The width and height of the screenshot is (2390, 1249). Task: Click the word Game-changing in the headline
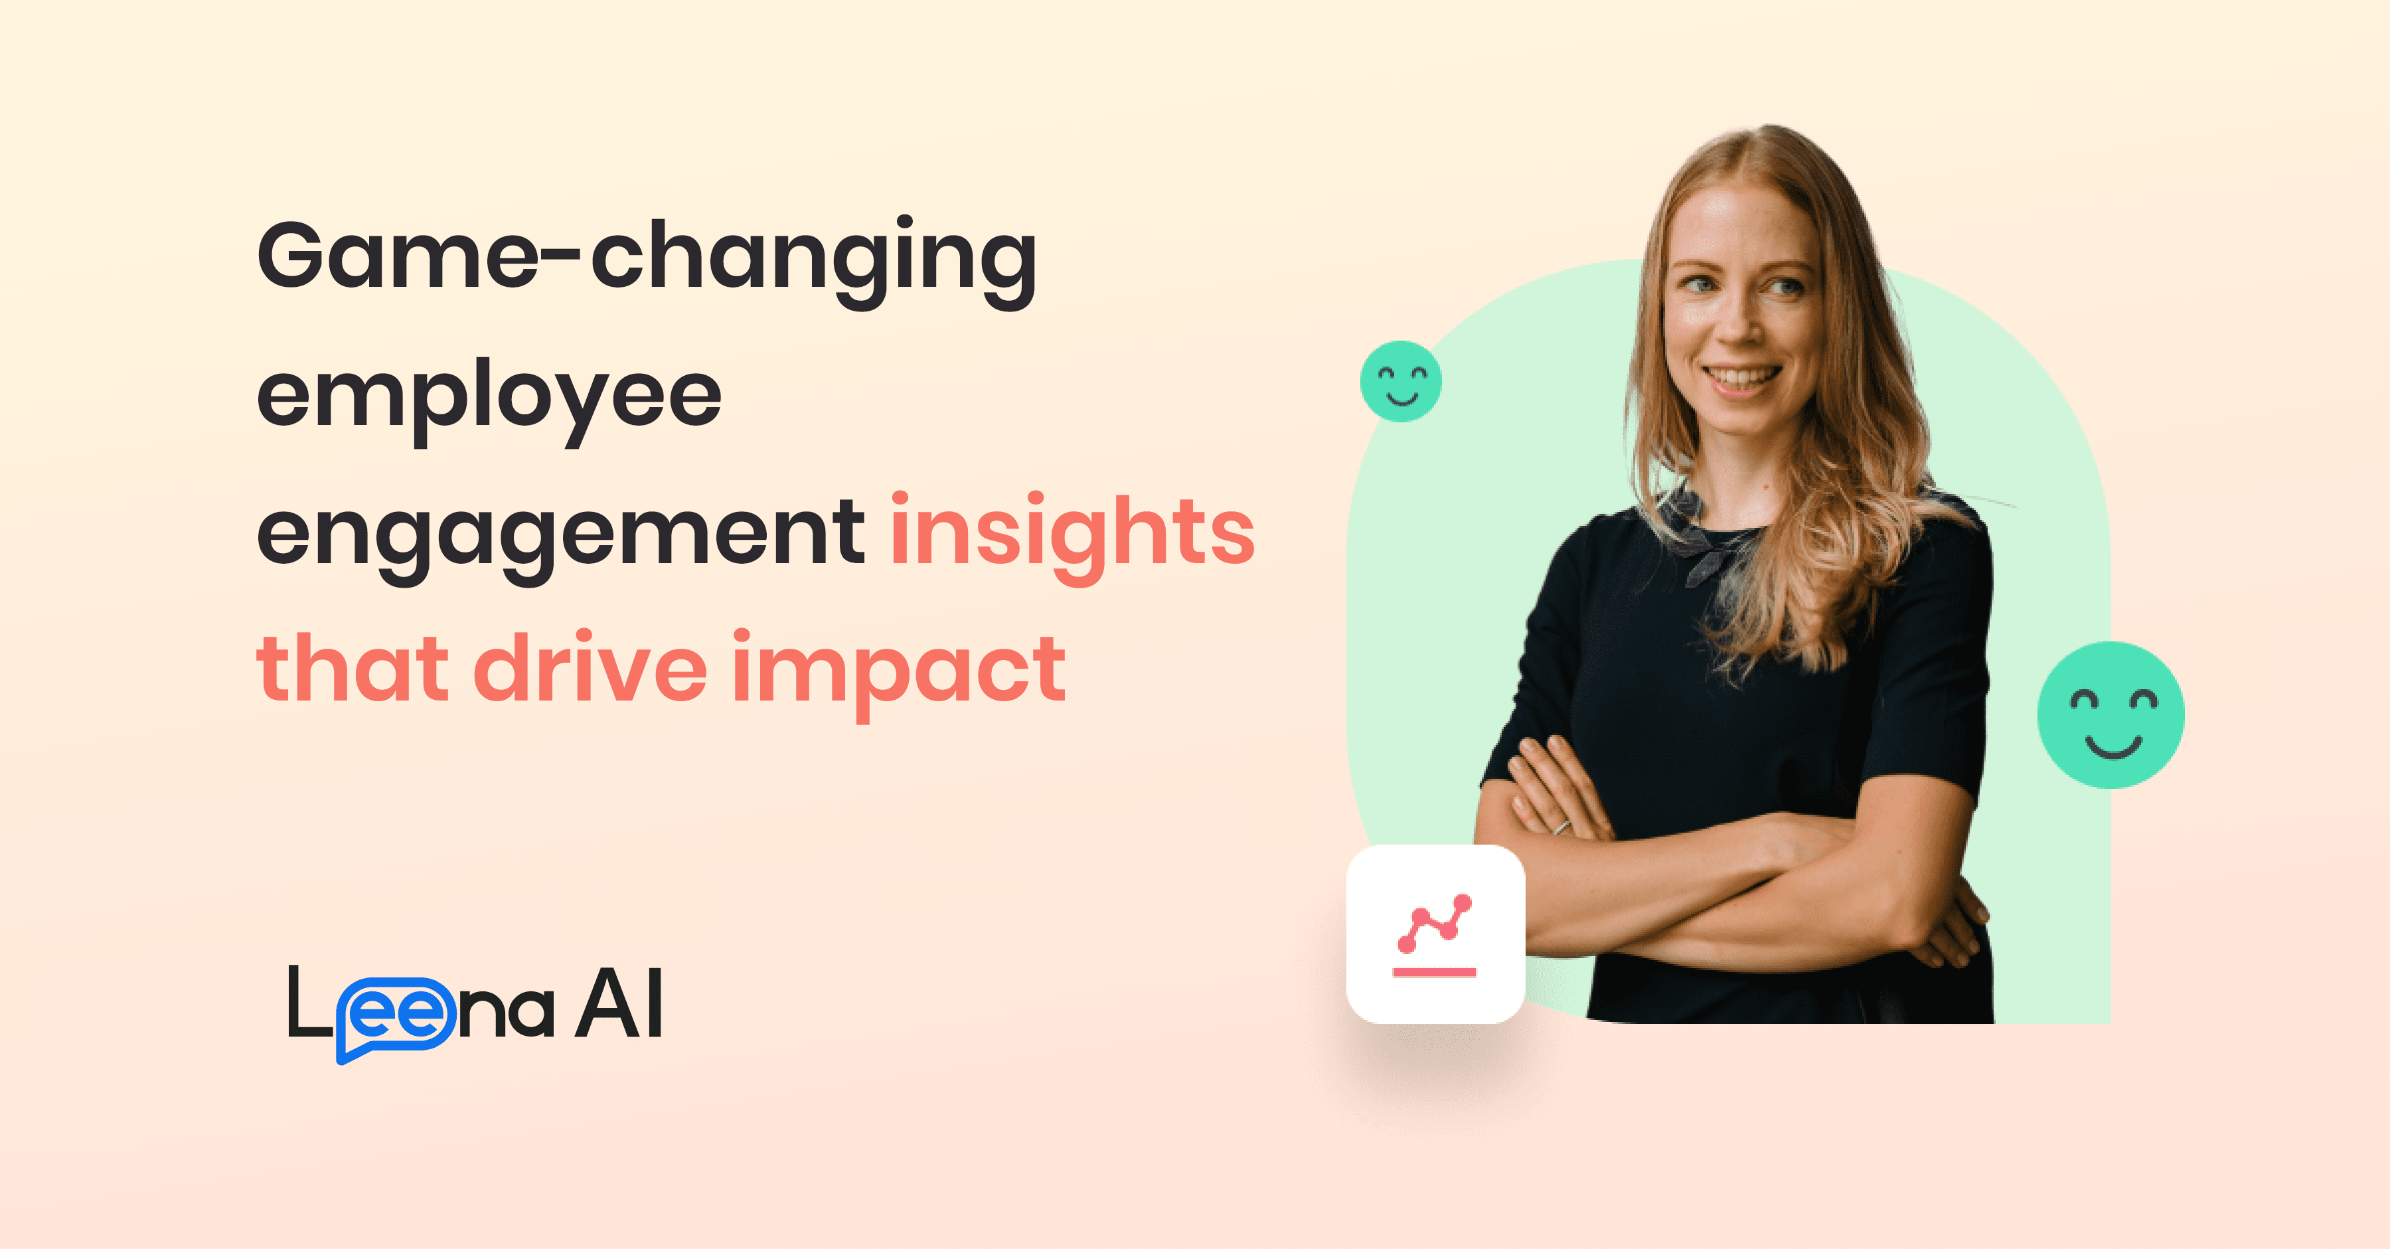pos(647,257)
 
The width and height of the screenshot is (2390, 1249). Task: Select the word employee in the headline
pos(489,396)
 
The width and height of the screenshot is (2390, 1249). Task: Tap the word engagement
pos(560,534)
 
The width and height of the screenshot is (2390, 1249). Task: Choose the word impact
pos(898,670)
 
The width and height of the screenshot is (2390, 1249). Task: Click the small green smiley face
pos(1401,381)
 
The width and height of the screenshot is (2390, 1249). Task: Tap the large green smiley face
pos(2111,714)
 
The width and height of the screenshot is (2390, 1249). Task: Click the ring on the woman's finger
pos(1562,826)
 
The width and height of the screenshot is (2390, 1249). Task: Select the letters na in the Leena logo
pos(507,1011)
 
